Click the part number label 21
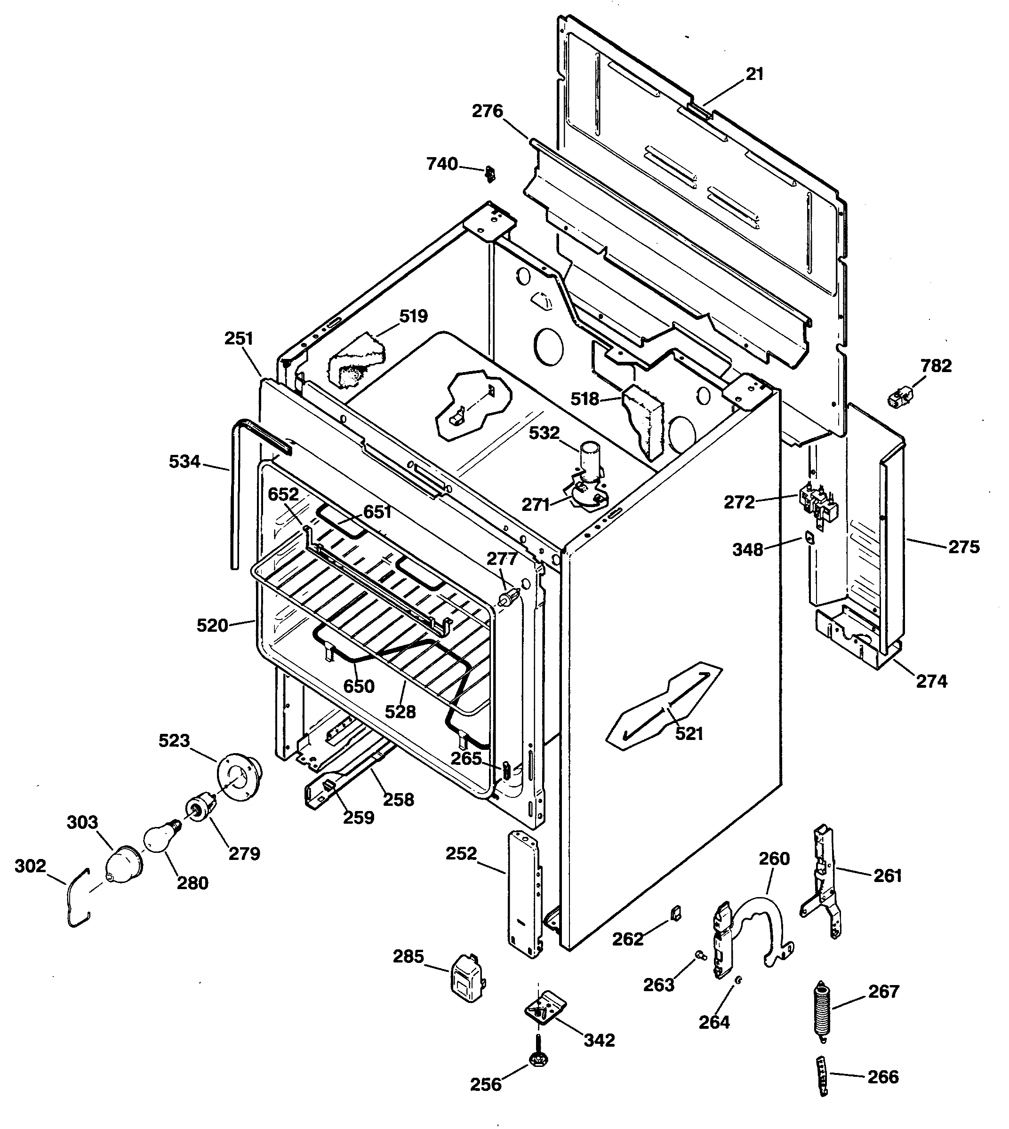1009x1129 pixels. coord(754,74)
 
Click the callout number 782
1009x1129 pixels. coord(936,366)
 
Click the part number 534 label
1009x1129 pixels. coord(184,461)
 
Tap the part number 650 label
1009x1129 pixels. coord(359,686)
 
